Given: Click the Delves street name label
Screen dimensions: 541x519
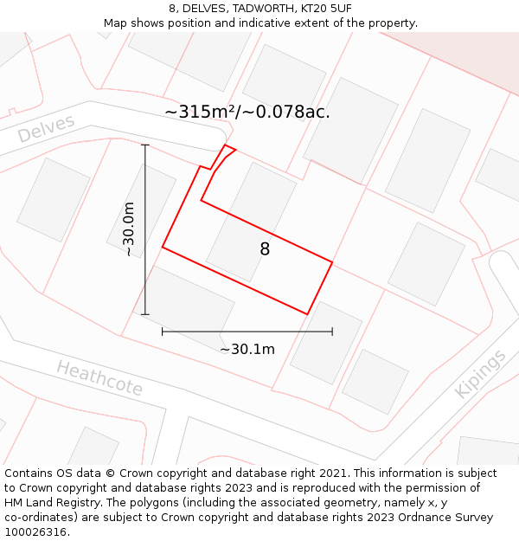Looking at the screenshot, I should [x=46, y=129].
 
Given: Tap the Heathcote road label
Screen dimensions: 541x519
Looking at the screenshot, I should [x=99, y=378].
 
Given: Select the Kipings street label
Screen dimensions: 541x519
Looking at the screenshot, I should [x=480, y=374].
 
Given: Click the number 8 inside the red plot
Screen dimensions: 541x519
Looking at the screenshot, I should [x=265, y=249].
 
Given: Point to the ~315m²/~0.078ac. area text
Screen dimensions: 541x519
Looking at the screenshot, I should [x=247, y=113].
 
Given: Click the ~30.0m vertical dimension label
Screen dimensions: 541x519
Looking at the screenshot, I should [x=129, y=229].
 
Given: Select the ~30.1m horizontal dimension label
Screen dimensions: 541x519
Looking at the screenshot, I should [x=247, y=349].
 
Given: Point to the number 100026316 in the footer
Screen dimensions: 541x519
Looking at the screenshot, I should [x=34, y=531].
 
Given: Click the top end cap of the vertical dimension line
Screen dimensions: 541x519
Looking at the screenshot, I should [x=145, y=145].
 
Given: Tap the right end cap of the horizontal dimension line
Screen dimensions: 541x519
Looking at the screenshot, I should [x=332, y=332].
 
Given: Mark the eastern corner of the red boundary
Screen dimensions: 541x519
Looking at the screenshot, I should [x=332, y=261].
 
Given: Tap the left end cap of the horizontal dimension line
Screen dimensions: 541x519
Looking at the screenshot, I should [x=163, y=332].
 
